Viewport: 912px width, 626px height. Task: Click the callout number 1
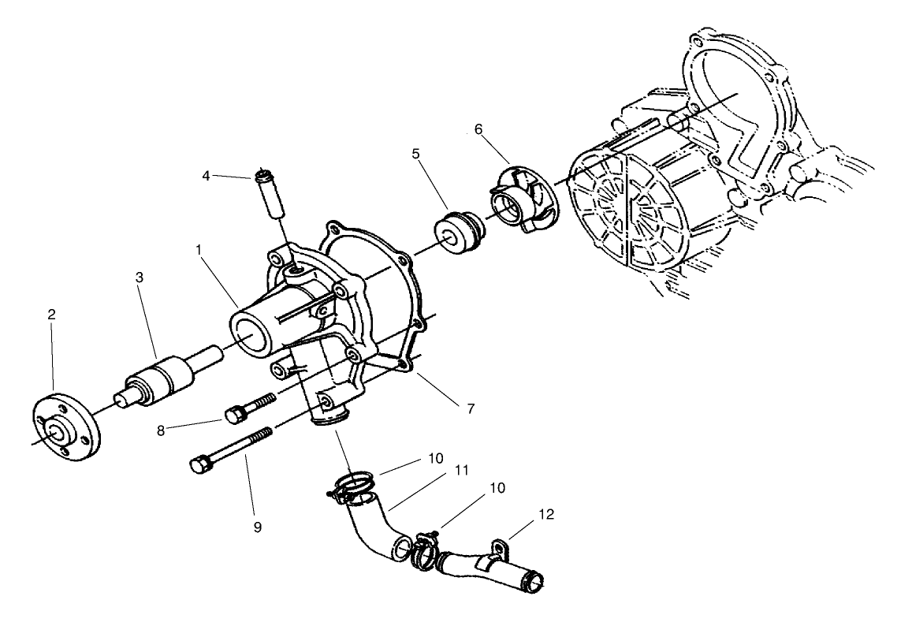point(200,248)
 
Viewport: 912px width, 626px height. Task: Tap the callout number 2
point(51,314)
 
